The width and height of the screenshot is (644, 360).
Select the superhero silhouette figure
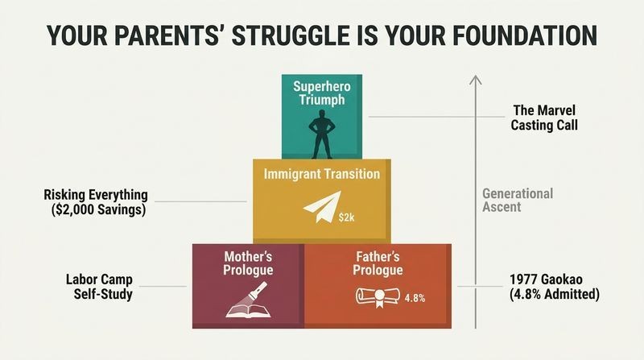[x=321, y=134]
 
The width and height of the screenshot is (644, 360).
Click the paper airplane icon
[x=322, y=207]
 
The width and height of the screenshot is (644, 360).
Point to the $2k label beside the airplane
[x=346, y=217]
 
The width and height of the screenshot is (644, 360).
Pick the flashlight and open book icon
[x=248, y=300]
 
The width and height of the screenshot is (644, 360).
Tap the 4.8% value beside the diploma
[x=415, y=298]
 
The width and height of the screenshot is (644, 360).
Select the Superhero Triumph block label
[x=322, y=93]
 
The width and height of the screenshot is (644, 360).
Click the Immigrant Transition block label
[x=321, y=174]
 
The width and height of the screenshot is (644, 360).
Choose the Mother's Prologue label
[x=248, y=263]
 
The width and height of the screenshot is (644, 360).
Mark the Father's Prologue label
[x=378, y=263]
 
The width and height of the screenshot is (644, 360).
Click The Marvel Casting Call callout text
[x=544, y=118]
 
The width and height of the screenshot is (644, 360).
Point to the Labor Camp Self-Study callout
[x=99, y=287]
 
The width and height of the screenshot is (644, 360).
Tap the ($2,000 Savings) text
[x=98, y=209]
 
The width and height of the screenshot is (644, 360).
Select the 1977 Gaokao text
[x=546, y=279]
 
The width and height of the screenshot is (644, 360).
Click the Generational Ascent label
[x=518, y=201]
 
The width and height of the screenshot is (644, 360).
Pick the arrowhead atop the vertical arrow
[x=476, y=80]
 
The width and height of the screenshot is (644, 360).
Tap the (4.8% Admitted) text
[x=555, y=294]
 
